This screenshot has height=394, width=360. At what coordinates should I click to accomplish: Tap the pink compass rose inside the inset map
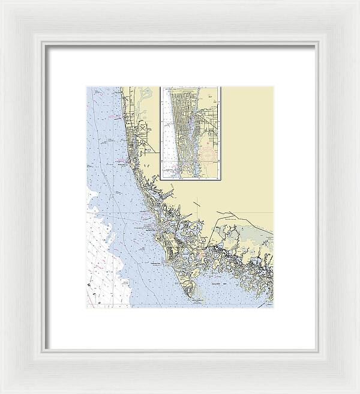click(207, 156)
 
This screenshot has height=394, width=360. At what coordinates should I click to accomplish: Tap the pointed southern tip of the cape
click(193, 296)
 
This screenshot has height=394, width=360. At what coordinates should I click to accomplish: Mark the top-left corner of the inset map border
click(160, 87)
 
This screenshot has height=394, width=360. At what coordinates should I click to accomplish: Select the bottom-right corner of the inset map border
click(220, 179)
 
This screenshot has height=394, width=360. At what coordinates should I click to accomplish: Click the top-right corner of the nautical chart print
click(273, 87)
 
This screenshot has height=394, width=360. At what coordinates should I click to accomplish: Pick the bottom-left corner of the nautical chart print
click(87, 308)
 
